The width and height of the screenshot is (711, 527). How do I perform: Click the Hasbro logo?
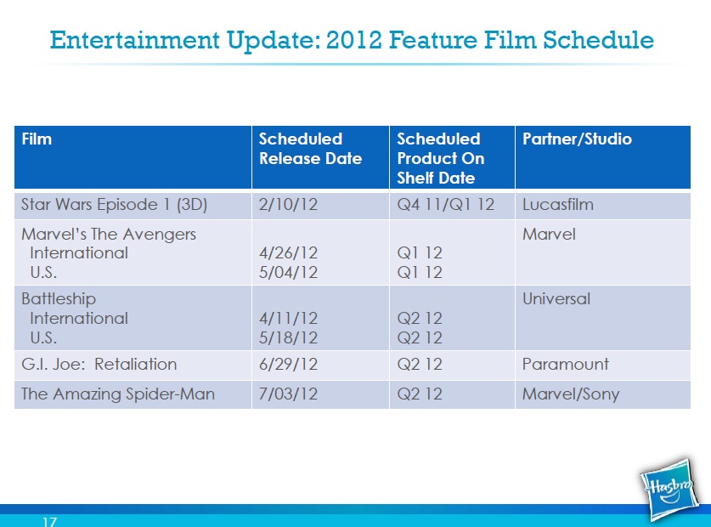[669, 490]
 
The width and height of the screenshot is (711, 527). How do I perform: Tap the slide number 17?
[50, 522]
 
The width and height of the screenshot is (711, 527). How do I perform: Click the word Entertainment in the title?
[135, 40]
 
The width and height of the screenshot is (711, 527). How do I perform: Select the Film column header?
[37, 139]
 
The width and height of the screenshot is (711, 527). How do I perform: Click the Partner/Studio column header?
[577, 139]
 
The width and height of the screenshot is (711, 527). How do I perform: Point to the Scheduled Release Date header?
[310, 149]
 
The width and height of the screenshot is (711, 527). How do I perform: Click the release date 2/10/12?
[288, 205]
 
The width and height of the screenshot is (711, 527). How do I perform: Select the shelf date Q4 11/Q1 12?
[445, 205]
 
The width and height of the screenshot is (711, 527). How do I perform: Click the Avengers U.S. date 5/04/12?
[288, 272]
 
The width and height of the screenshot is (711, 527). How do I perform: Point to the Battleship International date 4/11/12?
[288, 318]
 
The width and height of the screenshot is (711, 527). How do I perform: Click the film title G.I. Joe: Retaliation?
[99, 364]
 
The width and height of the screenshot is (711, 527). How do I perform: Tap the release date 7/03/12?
[288, 394]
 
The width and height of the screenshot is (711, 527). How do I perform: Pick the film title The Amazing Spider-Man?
[118, 394]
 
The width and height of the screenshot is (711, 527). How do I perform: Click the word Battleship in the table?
[59, 298]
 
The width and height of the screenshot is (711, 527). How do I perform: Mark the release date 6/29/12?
[288, 364]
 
